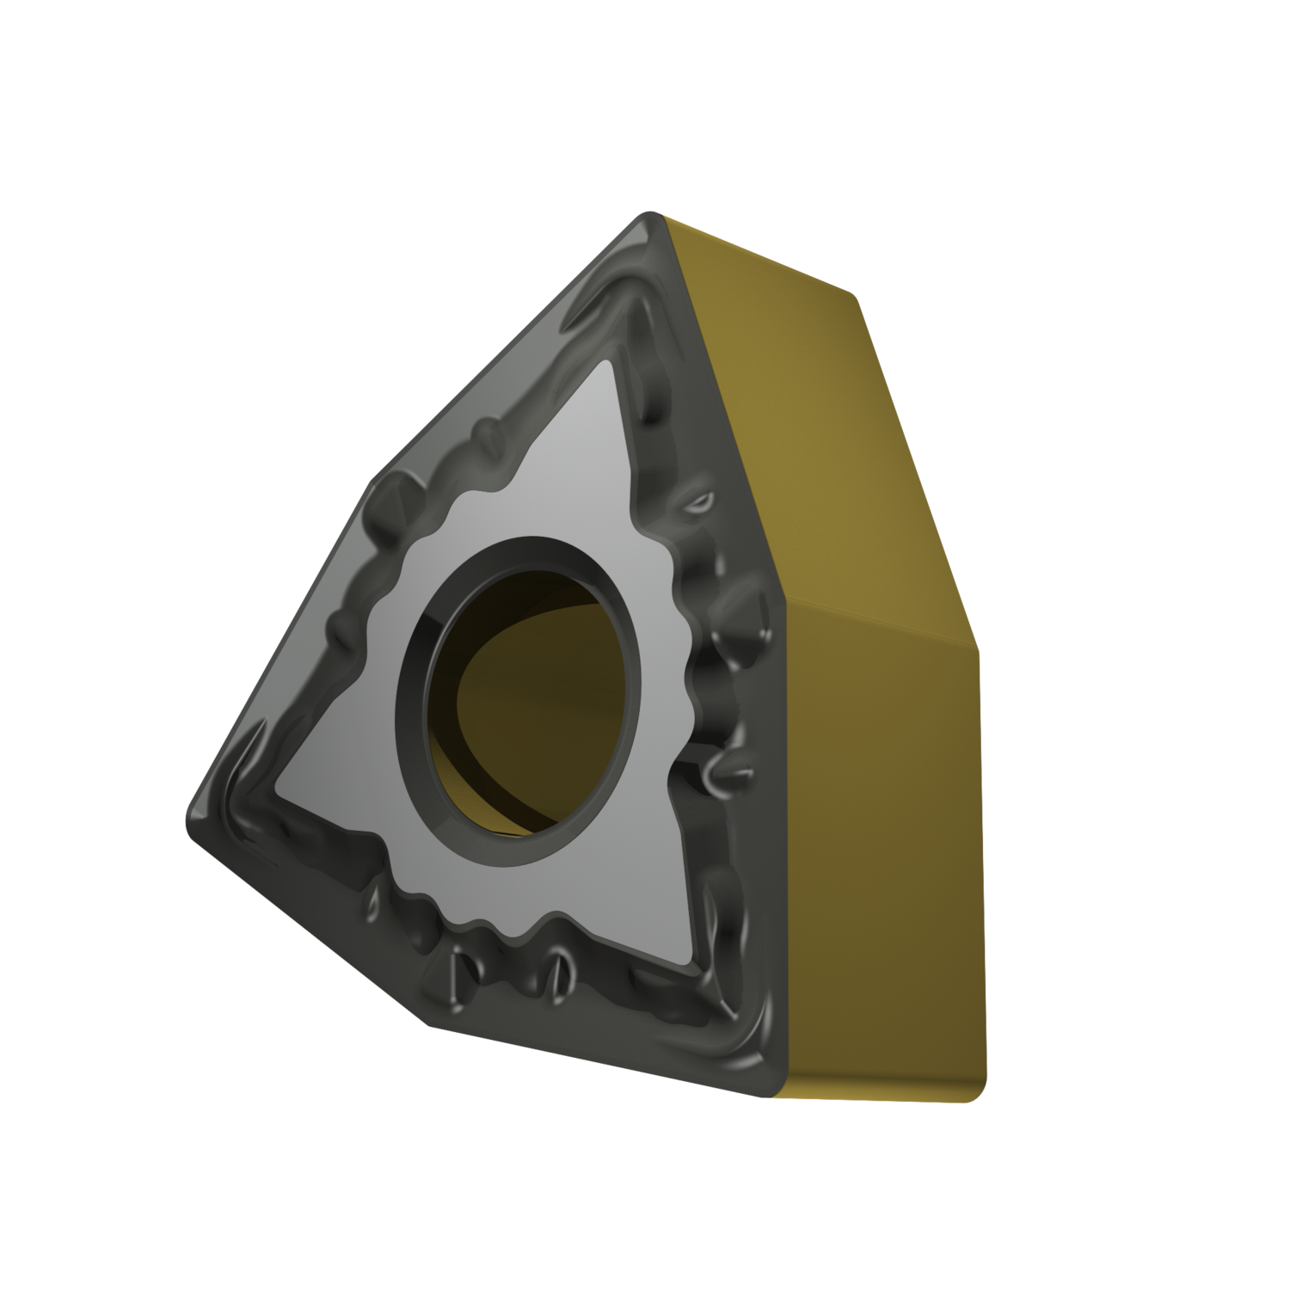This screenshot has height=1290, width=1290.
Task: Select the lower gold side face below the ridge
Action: (x=886, y=860)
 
